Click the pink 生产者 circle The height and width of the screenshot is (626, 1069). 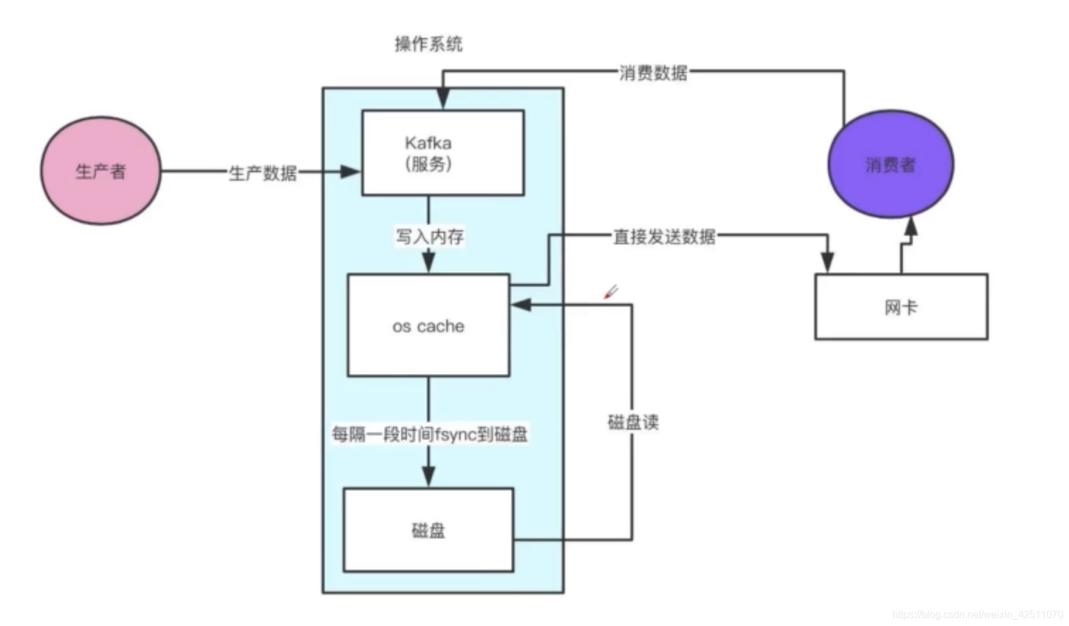click(100, 170)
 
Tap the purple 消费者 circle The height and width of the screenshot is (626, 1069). click(891, 164)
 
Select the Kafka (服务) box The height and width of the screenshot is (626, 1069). click(443, 153)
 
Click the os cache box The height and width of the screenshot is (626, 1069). click(428, 326)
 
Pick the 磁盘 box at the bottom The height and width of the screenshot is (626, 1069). click(428, 530)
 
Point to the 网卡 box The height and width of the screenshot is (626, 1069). click(901, 307)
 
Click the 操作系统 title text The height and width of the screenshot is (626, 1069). click(428, 44)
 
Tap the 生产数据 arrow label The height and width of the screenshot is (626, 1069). click(263, 173)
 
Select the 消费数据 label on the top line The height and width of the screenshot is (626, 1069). click(653, 73)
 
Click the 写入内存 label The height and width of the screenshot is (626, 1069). click(430, 236)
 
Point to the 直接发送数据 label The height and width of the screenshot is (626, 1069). click(664, 236)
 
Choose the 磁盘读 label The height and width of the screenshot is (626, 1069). click(633, 422)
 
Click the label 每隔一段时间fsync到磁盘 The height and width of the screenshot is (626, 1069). click(430, 434)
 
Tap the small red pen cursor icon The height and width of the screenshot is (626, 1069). click(610, 292)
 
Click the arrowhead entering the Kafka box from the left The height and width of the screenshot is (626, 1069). click(350, 172)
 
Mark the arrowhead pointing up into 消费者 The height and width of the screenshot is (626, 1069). click(911, 226)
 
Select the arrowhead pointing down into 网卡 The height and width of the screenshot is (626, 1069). click(827, 262)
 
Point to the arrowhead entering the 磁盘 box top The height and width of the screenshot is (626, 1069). click(428, 476)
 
